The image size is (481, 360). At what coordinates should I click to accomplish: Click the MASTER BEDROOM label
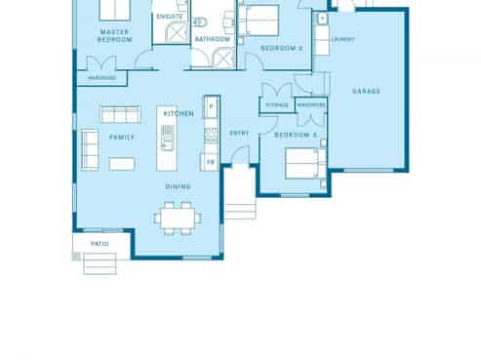115,36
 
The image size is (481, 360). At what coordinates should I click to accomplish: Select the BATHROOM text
212,39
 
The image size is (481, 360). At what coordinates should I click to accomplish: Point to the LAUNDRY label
342,40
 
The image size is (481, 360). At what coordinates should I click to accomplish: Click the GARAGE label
366,92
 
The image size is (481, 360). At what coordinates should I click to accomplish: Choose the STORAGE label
277,104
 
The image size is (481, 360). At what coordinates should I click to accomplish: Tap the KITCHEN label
177,114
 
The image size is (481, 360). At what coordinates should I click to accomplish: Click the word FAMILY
121,138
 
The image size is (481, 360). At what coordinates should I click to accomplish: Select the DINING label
178,186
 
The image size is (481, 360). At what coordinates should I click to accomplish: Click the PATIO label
99,244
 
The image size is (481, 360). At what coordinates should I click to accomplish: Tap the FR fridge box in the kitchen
209,162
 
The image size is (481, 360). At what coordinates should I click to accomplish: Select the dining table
177,216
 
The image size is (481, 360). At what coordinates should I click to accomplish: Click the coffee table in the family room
121,163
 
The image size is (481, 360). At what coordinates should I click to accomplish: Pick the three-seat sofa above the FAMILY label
121,113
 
